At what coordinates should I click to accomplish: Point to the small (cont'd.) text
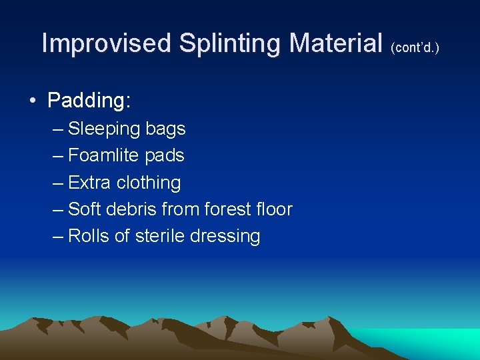[415, 48]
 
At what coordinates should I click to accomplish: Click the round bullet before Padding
[32, 101]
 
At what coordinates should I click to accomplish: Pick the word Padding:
[89, 101]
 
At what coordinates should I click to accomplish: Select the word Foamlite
[103, 155]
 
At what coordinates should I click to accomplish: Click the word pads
[165, 155]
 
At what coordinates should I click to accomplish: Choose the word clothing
[149, 182]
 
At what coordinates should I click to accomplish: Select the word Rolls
[89, 235]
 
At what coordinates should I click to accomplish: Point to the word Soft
[85, 209]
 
